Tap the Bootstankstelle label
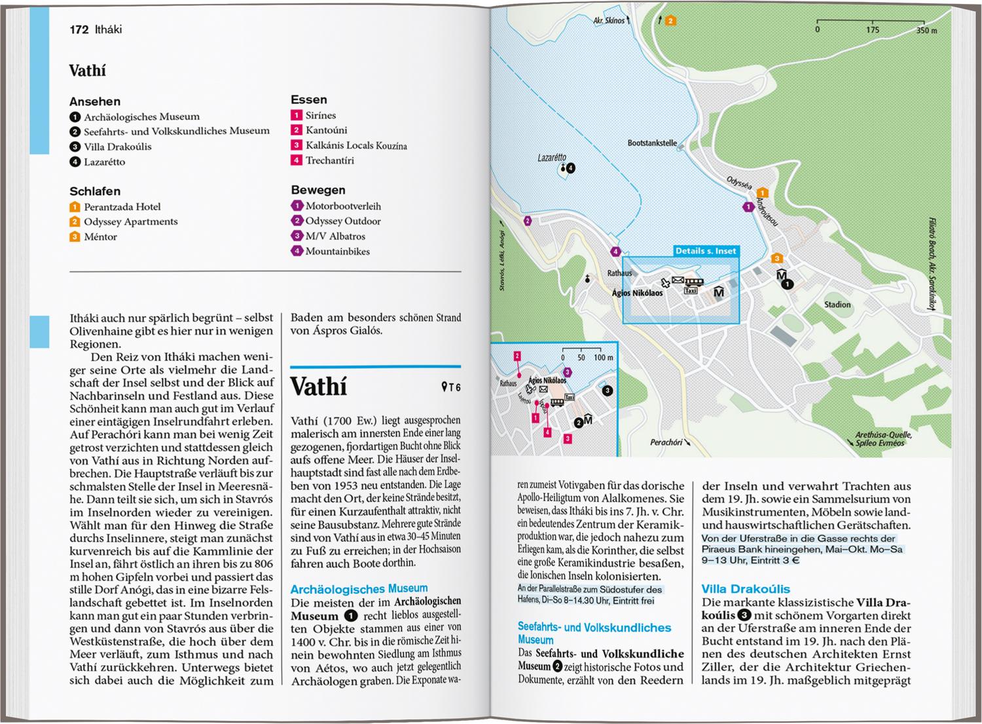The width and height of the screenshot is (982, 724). [652, 143]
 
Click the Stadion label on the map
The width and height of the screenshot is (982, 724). [837, 305]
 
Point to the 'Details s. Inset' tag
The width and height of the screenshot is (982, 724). [706, 251]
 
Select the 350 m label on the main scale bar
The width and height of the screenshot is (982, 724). [926, 30]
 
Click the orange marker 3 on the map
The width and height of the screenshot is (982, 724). [777, 258]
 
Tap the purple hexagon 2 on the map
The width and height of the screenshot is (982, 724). [528, 221]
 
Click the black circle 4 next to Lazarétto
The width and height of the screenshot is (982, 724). [570, 168]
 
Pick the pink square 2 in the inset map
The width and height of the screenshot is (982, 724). [517, 356]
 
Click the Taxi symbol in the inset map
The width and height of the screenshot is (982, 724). [569, 397]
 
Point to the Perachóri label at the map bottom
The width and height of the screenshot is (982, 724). [666, 442]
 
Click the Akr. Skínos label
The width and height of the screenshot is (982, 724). [609, 21]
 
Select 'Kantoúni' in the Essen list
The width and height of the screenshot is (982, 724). [326, 130]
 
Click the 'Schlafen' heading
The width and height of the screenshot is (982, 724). [95, 191]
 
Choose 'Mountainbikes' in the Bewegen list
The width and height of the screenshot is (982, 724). [337, 252]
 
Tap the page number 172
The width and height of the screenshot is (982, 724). [79, 29]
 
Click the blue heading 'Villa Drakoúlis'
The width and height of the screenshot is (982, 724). [745, 589]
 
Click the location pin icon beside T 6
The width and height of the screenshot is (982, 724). [445, 387]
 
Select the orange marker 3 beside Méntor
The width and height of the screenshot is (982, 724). [75, 237]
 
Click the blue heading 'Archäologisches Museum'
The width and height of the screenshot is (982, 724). [359, 588]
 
